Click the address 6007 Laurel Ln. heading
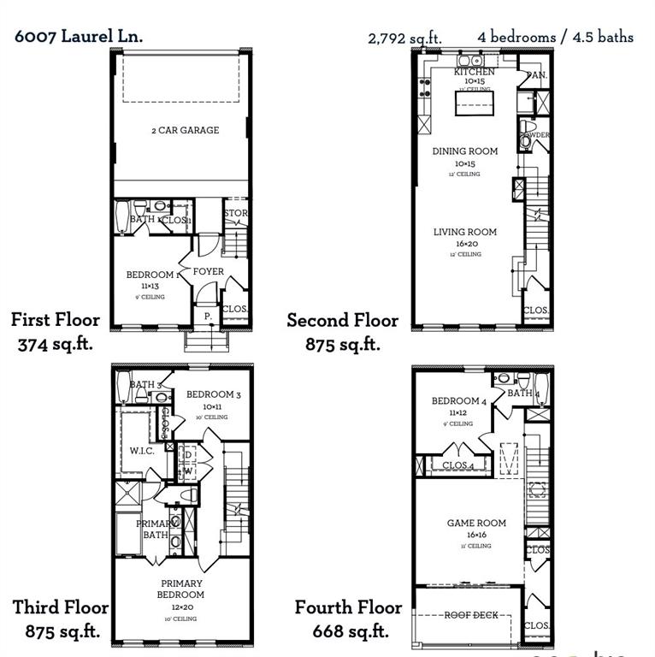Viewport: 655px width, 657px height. pyautogui.click(x=79, y=36)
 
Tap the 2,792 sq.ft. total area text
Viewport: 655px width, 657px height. pyautogui.click(x=404, y=38)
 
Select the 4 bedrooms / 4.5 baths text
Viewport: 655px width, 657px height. pyautogui.click(x=556, y=37)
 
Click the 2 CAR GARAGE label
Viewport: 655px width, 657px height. pyautogui.click(x=185, y=130)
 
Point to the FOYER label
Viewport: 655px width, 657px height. pyautogui.click(x=208, y=271)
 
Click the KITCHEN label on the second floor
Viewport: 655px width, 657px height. pyautogui.click(x=474, y=73)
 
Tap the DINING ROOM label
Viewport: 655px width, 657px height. pyautogui.click(x=465, y=151)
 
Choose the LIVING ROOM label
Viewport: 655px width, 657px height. pyautogui.click(x=464, y=232)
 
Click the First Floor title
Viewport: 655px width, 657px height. pyautogui.click(x=56, y=320)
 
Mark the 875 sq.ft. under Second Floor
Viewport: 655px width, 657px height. pyautogui.click(x=342, y=344)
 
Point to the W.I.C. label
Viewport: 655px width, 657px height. pyautogui.click(x=141, y=450)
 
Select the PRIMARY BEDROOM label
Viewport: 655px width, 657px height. pyautogui.click(x=180, y=589)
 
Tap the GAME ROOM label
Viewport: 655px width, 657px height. pyautogui.click(x=476, y=523)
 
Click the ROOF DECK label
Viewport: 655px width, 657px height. pyautogui.click(x=470, y=615)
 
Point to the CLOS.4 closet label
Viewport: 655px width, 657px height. pyautogui.click(x=459, y=465)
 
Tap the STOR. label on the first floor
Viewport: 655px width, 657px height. pyautogui.click(x=235, y=213)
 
